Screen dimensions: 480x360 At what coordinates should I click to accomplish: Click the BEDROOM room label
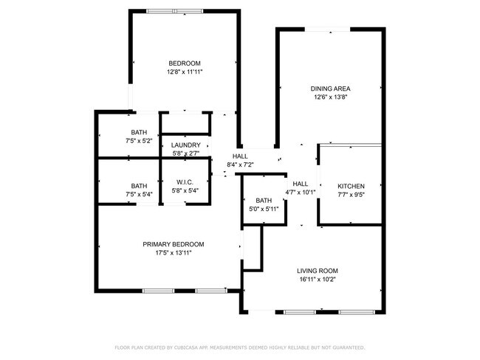click(x=185, y=63)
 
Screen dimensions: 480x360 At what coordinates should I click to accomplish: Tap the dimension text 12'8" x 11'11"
click(x=185, y=72)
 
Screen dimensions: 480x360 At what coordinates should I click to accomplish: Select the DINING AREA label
click(x=330, y=89)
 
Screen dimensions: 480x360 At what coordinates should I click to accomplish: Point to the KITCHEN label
click(x=351, y=186)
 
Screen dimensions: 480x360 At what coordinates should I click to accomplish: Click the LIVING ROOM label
click(x=318, y=271)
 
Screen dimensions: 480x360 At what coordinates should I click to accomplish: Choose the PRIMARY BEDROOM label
click(x=174, y=244)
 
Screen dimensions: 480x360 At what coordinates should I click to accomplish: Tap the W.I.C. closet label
click(x=185, y=182)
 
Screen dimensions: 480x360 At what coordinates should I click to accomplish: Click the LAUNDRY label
click(x=186, y=145)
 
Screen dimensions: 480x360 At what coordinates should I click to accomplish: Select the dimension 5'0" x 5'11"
click(x=264, y=210)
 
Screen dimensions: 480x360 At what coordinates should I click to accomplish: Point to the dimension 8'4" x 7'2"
click(x=240, y=165)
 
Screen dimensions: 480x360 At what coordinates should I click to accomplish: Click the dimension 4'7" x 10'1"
click(x=301, y=193)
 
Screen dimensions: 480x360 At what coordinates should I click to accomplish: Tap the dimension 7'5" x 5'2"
click(x=139, y=141)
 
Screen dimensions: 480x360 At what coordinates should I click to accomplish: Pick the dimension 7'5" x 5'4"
click(x=139, y=194)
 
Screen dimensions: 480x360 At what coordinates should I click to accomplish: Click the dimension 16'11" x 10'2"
click(x=318, y=280)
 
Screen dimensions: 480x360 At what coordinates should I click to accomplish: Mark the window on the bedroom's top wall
click(x=174, y=11)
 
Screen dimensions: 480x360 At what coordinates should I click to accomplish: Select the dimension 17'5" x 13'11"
click(x=174, y=252)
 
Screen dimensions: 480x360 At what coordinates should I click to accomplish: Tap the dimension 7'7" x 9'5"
click(x=351, y=195)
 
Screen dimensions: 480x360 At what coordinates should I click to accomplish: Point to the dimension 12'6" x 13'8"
click(x=330, y=97)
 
